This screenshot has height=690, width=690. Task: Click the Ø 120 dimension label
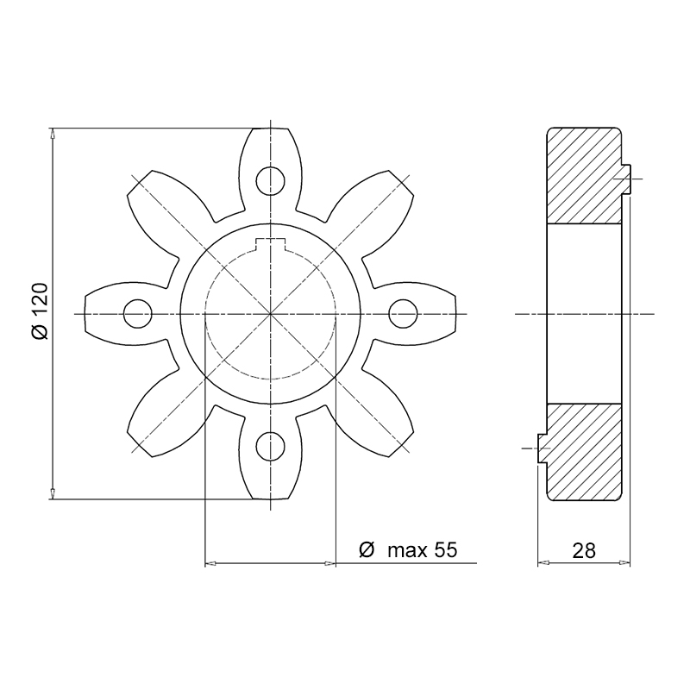[x=40, y=311]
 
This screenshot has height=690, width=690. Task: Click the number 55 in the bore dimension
[x=446, y=550]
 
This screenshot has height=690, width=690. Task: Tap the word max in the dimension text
[x=407, y=551]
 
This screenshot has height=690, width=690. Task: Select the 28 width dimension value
[x=584, y=550]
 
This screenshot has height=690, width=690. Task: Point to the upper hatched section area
[x=585, y=176]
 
